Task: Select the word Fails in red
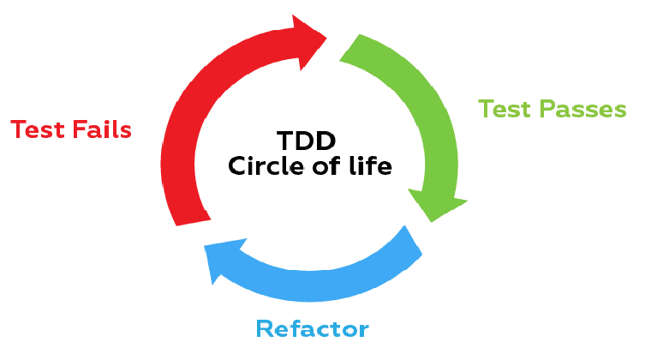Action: (101, 129)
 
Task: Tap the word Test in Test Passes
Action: (505, 110)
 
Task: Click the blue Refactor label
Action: (312, 328)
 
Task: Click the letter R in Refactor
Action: (266, 328)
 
